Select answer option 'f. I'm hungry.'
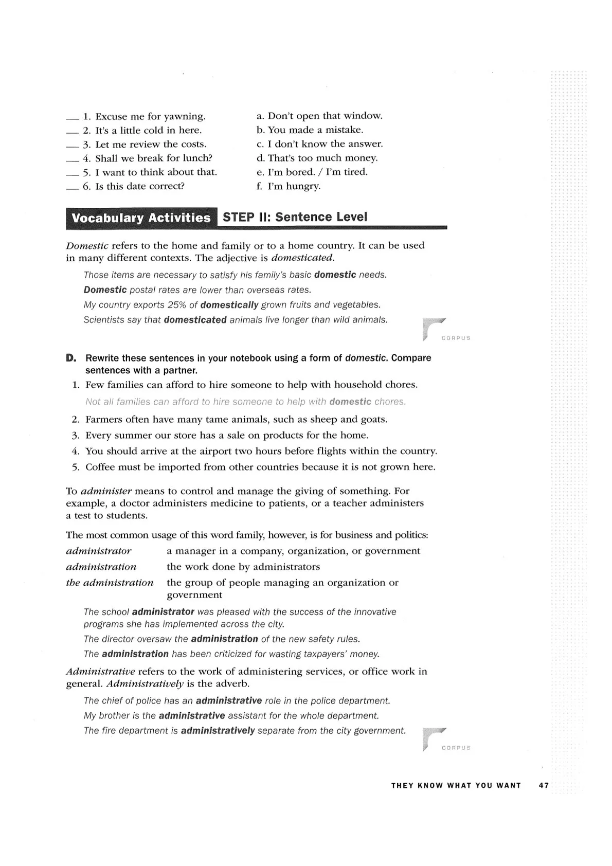pos(288,186)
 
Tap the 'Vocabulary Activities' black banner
pos(141,218)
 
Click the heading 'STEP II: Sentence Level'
pos(295,217)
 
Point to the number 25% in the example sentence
pos(177,305)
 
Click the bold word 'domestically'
pos(229,305)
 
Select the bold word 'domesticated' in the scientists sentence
pos(195,320)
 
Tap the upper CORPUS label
pos(456,338)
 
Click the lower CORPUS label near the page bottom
pos(456,748)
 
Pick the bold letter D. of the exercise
pos(71,358)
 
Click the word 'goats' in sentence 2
pos(373,420)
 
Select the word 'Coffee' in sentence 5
pos(99,467)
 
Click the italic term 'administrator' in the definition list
pos(99,551)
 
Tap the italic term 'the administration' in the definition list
pos(110,583)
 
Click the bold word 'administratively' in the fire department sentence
pos(218,731)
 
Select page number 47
pos(544,786)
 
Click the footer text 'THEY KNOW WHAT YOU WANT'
pos(456,786)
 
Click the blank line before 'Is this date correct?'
pos(73,190)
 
